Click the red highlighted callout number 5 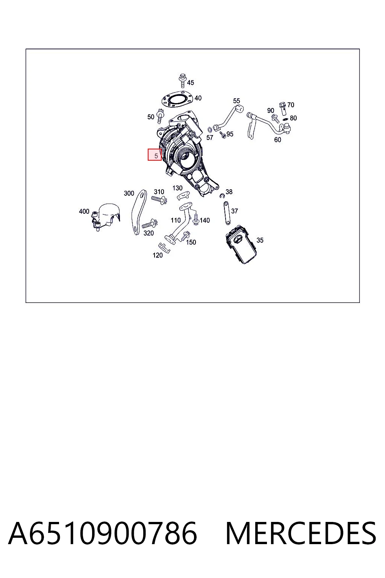pos(155,155)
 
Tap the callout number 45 pos(191,82)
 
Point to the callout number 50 pos(151,117)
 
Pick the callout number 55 pos(236,100)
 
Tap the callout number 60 pos(278,140)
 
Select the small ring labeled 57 pos(210,129)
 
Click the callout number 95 pos(230,134)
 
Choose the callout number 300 pos(129,193)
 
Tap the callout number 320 pos(149,233)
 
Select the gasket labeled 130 pos(183,195)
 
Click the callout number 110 pos(176,221)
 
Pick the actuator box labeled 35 pos(241,245)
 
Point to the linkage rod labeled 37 pos(227,213)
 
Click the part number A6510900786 pos(103,533)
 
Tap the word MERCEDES pos(301,533)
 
